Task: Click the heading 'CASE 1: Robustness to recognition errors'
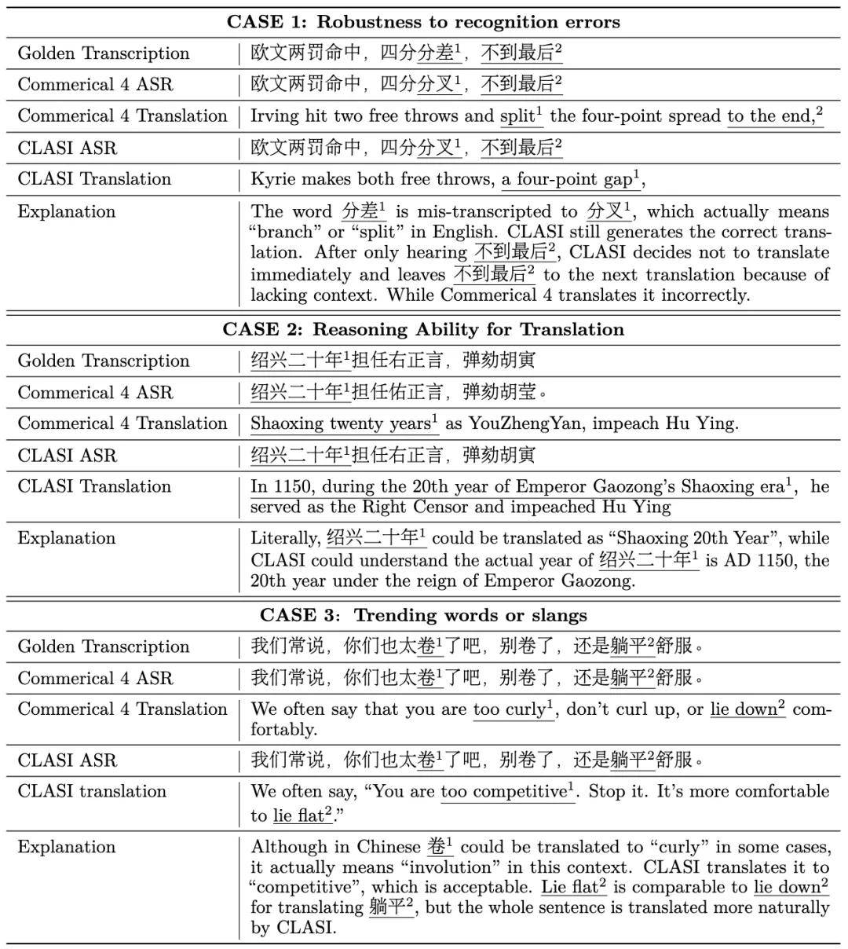pos(423,21)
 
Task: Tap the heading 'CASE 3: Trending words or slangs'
pos(423,614)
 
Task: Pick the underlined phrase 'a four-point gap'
pos(567,179)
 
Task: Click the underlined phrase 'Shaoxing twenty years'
pos(341,423)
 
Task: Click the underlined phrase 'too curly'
pos(509,709)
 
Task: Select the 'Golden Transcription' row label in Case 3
pos(104,647)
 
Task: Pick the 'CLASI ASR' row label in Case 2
pos(67,456)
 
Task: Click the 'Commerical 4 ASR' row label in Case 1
pos(95,85)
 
